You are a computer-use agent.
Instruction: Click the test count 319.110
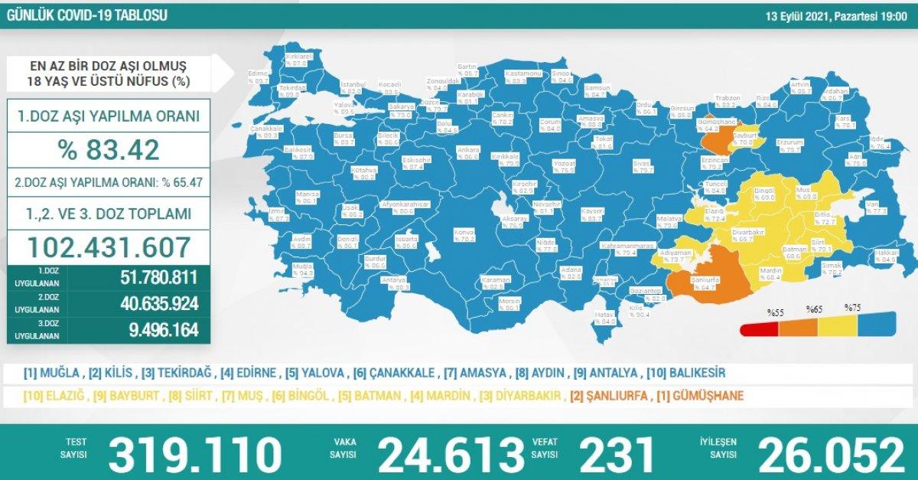click(x=195, y=455)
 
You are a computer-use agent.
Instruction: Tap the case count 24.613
click(x=451, y=455)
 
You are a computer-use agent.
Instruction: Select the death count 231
click(x=618, y=455)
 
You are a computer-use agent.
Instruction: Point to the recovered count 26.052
click(x=831, y=455)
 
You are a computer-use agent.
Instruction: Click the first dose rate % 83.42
click(x=108, y=149)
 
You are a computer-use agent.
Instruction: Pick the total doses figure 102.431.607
click(x=109, y=247)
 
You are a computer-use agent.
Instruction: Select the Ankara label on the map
click(x=467, y=151)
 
